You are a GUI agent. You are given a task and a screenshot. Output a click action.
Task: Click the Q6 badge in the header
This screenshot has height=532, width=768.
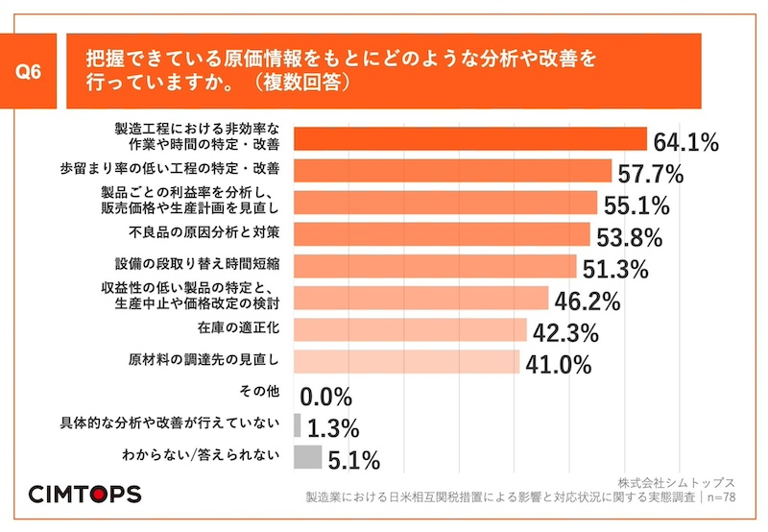pos(34,72)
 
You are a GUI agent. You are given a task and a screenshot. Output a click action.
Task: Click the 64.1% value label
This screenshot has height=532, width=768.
pos(685,143)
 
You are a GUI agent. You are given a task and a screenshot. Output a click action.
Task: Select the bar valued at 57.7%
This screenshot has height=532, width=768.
pos(452,171)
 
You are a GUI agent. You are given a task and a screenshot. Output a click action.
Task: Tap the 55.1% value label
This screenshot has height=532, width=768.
pos(636,206)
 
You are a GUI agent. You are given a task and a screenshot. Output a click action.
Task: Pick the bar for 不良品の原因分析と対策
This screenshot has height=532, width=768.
pos(442,234)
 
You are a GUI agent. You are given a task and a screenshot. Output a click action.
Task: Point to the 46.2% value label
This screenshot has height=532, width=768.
pos(587,301)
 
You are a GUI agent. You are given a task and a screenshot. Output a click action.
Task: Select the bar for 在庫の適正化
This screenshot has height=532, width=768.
pos(410,329)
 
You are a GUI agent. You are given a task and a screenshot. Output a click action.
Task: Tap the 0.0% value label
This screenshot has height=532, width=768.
pos(326,397)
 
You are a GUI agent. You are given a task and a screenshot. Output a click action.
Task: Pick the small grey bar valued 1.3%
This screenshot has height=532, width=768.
pos(297,424)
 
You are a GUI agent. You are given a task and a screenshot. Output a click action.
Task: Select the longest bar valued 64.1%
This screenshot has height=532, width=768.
pos(469,139)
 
